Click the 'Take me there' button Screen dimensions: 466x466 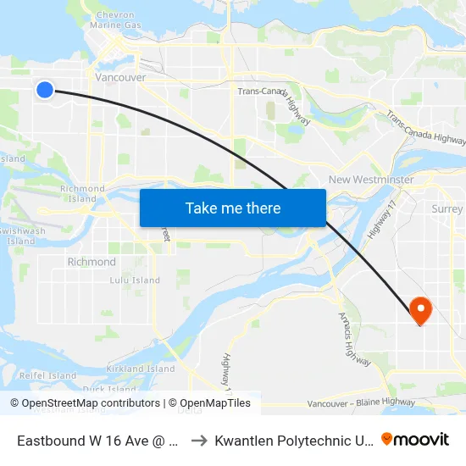pyautogui.click(x=233, y=208)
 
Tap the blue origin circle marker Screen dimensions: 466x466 pyautogui.click(x=45, y=89)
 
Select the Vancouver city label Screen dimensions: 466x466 pyautogui.click(x=122, y=77)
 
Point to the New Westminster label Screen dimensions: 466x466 pyautogui.click(x=371, y=180)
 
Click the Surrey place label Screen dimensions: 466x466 pyautogui.click(x=447, y=208)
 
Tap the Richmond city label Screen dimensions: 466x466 pyautogui.click(x=92, y=262)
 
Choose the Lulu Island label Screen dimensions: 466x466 pyautogui.click(x=134, y=280)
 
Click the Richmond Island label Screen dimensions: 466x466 pyautogui.click(x=82, y=193)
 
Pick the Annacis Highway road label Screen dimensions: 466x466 pyautogui.click(x=354, y=339)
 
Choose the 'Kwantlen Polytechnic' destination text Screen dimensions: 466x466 pyautogui.click(x=292, y=440)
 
